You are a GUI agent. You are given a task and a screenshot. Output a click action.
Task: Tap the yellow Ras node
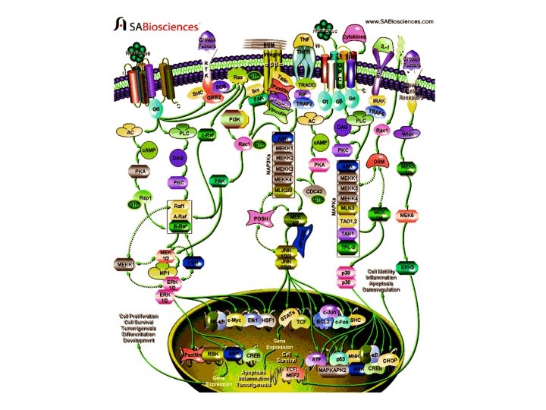click(x=238, y=78)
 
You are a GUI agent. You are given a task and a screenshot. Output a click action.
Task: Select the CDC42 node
click(x=312, y=191)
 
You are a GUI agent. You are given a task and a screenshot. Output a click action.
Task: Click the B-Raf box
click(x=180, y=225)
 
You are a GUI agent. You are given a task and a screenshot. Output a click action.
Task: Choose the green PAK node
click(x=219, y=181)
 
